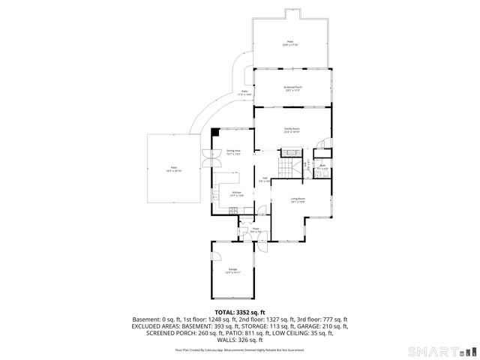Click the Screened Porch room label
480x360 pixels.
click(x=292, y=88)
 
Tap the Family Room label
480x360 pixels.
click(x=292, y=130)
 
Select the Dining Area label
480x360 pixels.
click(x=233, y=152)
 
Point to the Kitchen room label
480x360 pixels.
click(x=237, y=193)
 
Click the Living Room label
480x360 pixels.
click(x=298, y=200)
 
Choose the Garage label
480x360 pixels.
click(x=232, y=271)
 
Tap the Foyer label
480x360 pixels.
click(x=256, y=230)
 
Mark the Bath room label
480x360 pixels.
click(x=322, y=167)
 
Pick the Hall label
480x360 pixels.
click(x=264, y=180)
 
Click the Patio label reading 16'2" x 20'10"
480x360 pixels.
click(x=173, y=169)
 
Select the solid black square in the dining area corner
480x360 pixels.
click(x=215, y=133)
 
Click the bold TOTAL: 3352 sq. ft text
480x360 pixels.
click(x=240, y=311)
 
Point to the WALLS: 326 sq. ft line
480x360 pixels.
click(x=240, y=341)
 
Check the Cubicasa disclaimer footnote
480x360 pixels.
click(x=240, y=350)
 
